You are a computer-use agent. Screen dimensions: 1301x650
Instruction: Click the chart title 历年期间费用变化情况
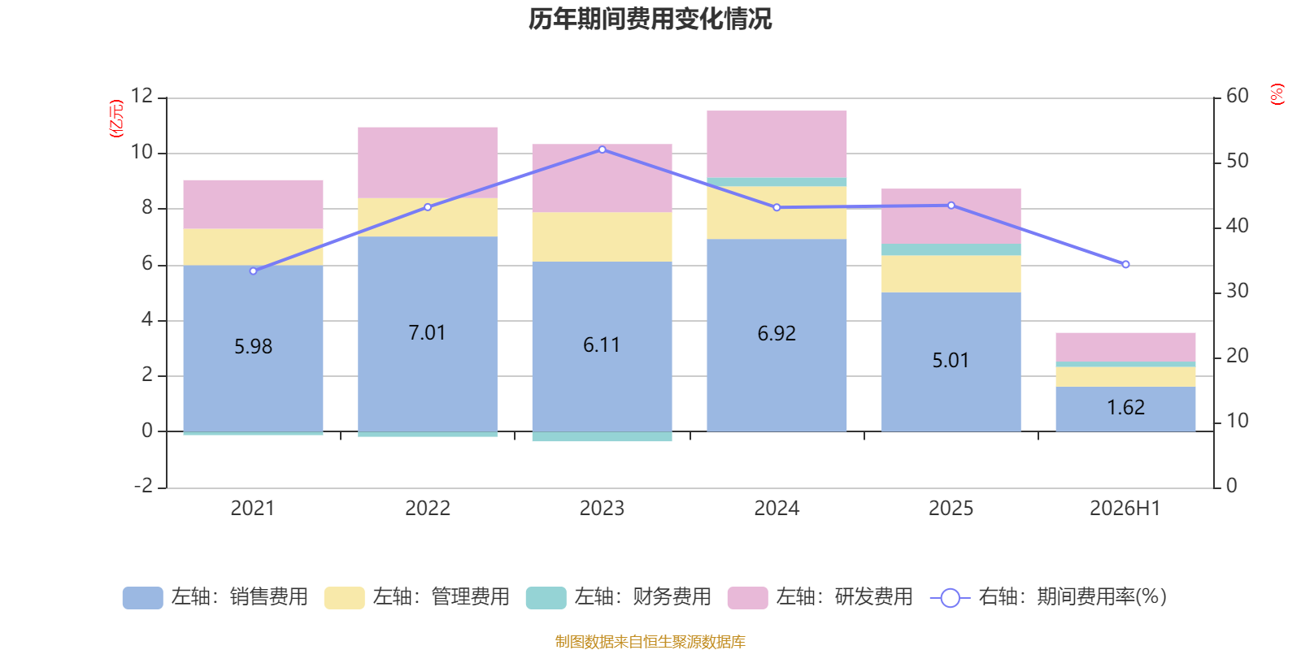click(650, 19)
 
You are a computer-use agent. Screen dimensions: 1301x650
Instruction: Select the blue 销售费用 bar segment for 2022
click(428, 334)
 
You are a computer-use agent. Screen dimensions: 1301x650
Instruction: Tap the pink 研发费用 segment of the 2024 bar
click(777, 144)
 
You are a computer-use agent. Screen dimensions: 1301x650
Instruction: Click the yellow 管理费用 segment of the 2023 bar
click(603, 236)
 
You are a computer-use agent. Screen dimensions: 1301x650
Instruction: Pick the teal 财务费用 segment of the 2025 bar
click(951, 249)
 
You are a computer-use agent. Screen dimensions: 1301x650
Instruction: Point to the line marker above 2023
click(603, 149)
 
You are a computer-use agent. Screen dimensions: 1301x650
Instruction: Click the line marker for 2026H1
click(1125, 265)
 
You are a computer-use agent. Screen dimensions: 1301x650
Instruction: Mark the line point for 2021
click(253, 271)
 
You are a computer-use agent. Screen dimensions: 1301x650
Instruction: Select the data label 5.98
click(253, 346)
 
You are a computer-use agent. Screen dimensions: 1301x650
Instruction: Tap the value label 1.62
click(1125, 407)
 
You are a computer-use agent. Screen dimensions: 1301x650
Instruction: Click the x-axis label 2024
click(777, 509)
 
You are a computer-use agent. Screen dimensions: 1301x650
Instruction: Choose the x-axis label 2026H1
click(1125, 509)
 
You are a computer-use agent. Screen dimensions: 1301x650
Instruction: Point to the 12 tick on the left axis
click(141, 96)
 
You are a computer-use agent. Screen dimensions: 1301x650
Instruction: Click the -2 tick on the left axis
click(143, 485)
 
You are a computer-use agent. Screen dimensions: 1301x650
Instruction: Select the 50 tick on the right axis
click(1237, 161)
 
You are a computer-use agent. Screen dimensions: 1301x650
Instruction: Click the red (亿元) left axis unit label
click(116, 119)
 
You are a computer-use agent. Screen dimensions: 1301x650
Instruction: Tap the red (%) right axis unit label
click(1277, 94)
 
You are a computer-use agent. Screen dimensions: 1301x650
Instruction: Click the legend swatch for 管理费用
click(345, 598)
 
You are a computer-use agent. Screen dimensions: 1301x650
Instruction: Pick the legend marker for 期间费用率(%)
click(951, 598)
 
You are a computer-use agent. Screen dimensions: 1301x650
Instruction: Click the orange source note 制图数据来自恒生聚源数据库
click(650, 641)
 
